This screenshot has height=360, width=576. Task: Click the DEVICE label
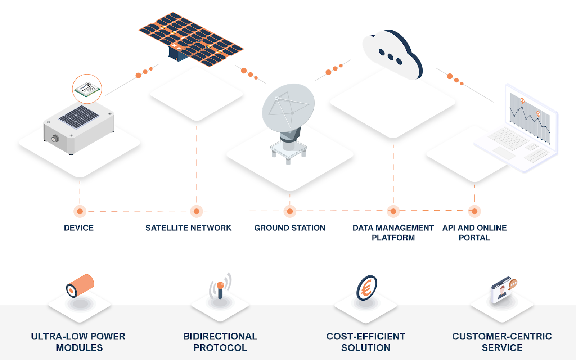pyautogui.click(x=78, y=228)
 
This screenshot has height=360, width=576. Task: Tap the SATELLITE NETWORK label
pyautogui.click(x=188, y=228)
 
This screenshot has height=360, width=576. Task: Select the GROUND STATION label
pyautogui.click(x=289, y=228)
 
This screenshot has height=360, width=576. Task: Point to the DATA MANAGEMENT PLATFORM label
pyautogui.click(x=393, y=233)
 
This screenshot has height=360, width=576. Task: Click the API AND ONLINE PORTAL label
pyautogui.click(x=474, y=233)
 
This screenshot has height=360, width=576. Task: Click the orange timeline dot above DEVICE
pyautogui.click(x=80, y=211)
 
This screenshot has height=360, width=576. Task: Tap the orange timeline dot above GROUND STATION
pyautogui.click(x=290, y=211)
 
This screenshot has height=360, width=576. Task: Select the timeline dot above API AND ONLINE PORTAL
pyautogui.click(x=474, y=211)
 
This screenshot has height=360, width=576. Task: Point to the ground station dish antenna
pyautogui.click(x=288, y=108)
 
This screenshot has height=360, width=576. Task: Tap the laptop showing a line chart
pyautogui.click(x=522, y=130)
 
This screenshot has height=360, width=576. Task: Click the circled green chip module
pyautogui.click(x=87, y=89)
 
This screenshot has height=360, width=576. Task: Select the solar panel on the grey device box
pyautogui.click(x=79, y=117)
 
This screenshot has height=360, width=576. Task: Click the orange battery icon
pyautogui.click(x=80, y=285)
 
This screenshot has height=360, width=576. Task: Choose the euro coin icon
pyautogui.click(x=366, y=288)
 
